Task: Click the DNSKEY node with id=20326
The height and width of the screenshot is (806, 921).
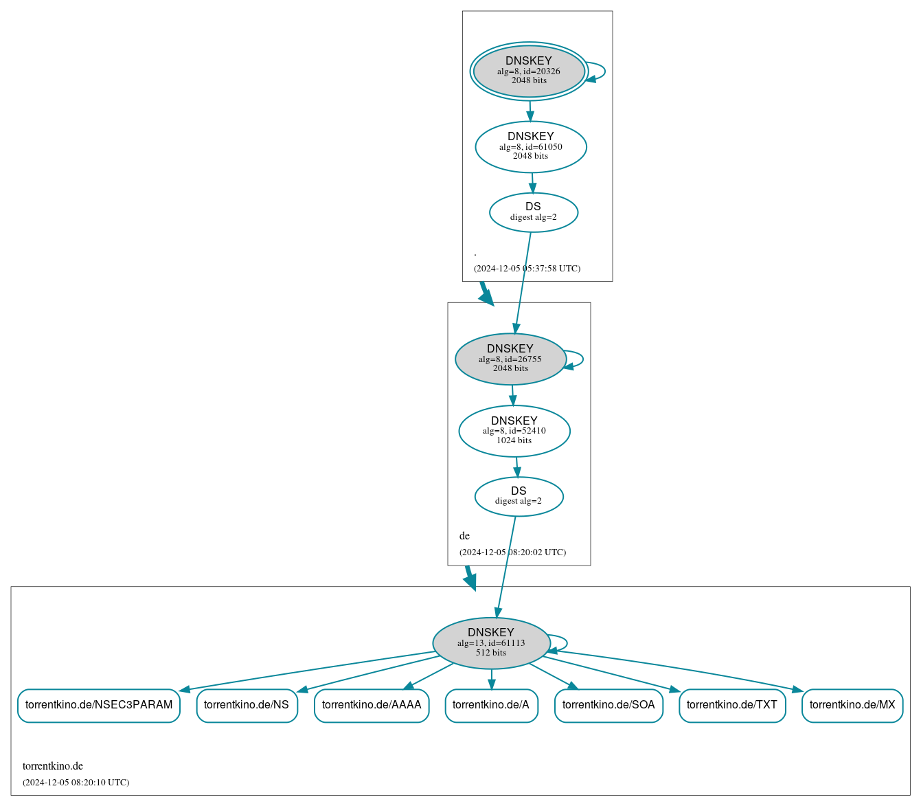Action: click(529, 71)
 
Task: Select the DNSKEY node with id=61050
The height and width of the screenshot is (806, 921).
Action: click(531, 146)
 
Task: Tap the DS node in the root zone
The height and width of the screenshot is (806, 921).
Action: click(534, 212)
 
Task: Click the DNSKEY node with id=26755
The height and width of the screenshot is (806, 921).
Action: click(510, 359)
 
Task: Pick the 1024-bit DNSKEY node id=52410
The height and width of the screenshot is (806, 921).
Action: click(514, 431)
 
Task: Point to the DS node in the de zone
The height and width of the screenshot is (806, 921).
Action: click(519, 496)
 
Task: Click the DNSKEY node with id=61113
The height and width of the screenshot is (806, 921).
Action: click(491, 642)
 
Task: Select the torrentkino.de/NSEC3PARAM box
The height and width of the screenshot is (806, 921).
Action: click(99, 705)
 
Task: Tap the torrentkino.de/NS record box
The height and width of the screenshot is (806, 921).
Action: click(247, 705)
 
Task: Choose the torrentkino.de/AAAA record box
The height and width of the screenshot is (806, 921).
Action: click(372, 705)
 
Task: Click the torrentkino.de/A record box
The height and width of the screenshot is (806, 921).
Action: click(491, 705)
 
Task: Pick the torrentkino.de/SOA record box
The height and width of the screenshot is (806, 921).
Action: click(609, 705)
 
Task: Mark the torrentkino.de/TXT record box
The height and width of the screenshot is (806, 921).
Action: click(732, 705)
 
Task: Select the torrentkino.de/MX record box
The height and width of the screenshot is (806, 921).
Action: click(852, 705)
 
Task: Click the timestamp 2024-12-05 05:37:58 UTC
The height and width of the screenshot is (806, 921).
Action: click(527, 269)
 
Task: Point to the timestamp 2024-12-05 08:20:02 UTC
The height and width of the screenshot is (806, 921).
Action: click(512, 552)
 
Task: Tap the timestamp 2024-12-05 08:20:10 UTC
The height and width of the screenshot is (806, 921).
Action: click(76, 783)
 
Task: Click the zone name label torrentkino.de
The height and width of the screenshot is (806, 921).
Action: click(53, 766)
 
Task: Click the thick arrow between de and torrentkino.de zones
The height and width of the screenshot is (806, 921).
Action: click(470, 578)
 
